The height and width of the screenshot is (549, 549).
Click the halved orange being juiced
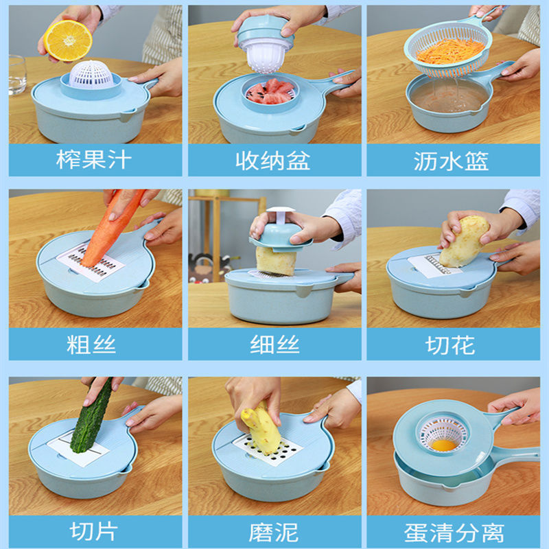(68, 40)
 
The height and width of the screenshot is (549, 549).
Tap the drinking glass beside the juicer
(16, 75)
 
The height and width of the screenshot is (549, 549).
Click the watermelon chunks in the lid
(270, 92)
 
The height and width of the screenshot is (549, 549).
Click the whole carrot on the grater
(112, 228)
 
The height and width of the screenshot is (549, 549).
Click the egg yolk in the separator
(443, 445)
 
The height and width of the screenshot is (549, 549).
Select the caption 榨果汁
(94, 160)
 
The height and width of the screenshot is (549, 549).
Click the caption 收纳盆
(273, 161)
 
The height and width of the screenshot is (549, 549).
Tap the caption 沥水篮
(451, 161)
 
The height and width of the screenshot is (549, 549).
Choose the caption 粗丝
(91, 344)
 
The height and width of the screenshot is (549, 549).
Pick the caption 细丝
(275, 344)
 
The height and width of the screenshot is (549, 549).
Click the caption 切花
(450, 345)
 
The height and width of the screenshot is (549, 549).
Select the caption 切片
(93, 531)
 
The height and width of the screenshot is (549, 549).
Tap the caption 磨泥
(274, 533)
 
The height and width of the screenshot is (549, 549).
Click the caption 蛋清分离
(454, 533)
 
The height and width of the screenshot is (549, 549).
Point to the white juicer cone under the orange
(91, 74)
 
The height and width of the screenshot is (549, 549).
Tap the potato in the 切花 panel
(465, 240)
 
